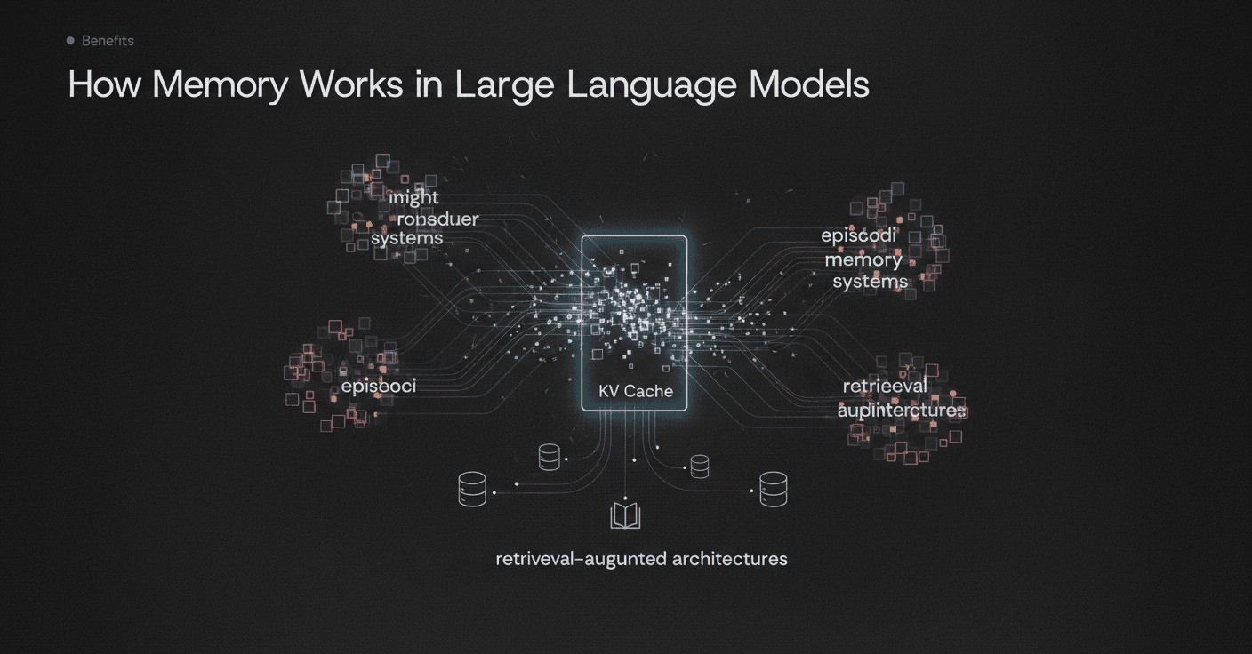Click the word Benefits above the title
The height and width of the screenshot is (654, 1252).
click(x=108, y=41)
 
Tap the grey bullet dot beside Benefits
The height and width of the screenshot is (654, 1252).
click(x=70, y=41)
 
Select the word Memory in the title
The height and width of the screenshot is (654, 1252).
click(x=221, y=84)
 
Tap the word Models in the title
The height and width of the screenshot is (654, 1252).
click(x=808, y=84)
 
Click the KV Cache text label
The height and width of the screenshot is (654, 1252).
click(x=636, y=391)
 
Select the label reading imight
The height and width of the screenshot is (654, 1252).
click(x=414, y=197)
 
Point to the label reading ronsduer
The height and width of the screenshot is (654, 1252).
click(x=437, y=219)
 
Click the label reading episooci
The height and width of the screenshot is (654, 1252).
click(x=379, y=387)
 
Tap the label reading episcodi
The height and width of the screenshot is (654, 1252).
click(x=858, y=236)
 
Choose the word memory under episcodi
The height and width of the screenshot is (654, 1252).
click(x=863, y=259)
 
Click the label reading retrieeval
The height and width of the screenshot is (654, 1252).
click(x=885, y=387)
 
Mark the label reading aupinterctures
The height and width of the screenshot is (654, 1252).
click(x=901, y=410)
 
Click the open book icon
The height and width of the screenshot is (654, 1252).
click(x=625, y=515)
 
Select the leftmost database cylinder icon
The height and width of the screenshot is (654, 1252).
click(x=472, y=489)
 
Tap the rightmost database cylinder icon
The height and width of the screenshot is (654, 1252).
click(x=773, y=489)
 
